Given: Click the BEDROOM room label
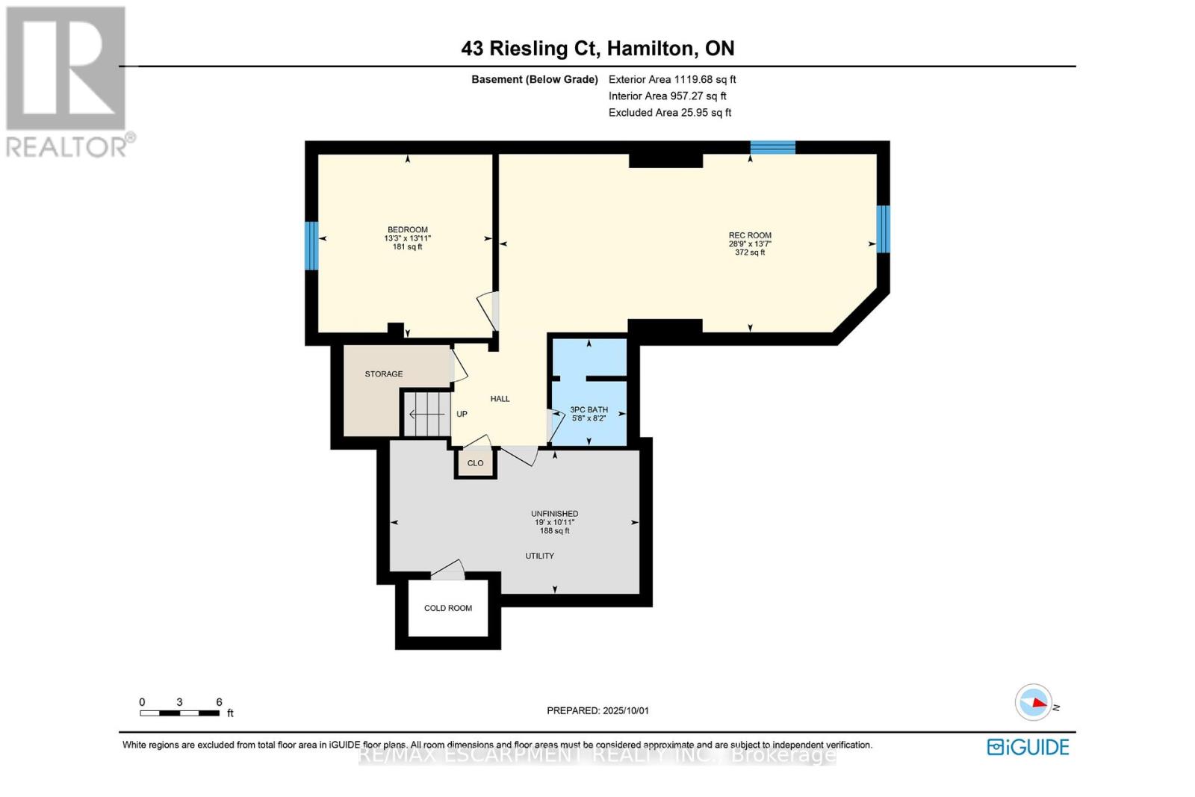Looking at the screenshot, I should coord(407,229).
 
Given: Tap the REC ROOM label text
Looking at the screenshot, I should coord(750,235).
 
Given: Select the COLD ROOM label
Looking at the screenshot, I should coord(448,608).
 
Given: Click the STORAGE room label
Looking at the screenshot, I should coord(384,373).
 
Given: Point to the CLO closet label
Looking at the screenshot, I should coord(476,463).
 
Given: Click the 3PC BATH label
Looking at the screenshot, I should coord(589,409).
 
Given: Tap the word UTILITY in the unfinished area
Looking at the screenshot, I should coord(539,556).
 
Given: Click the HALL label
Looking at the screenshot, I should coord(500,399).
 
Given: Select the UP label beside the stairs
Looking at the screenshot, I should coord(462,414).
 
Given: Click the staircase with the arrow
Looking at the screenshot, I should coord(426,414).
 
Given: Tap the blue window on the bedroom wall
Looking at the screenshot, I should coord(312,246).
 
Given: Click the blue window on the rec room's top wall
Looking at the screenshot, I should coord(772,147).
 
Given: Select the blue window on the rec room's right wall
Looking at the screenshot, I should coord(883,229).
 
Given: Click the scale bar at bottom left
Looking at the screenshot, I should coord(179,713).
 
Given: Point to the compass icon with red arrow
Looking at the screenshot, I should coord(1034,702).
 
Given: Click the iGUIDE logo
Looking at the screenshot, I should coord(1028,747).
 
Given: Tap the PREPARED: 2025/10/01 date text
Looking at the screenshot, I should coord(597,710).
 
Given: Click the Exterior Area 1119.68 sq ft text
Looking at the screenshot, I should coord(672,79).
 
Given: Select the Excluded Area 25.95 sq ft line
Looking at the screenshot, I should coord(670,113).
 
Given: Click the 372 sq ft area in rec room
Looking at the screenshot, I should coord(750,252).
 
